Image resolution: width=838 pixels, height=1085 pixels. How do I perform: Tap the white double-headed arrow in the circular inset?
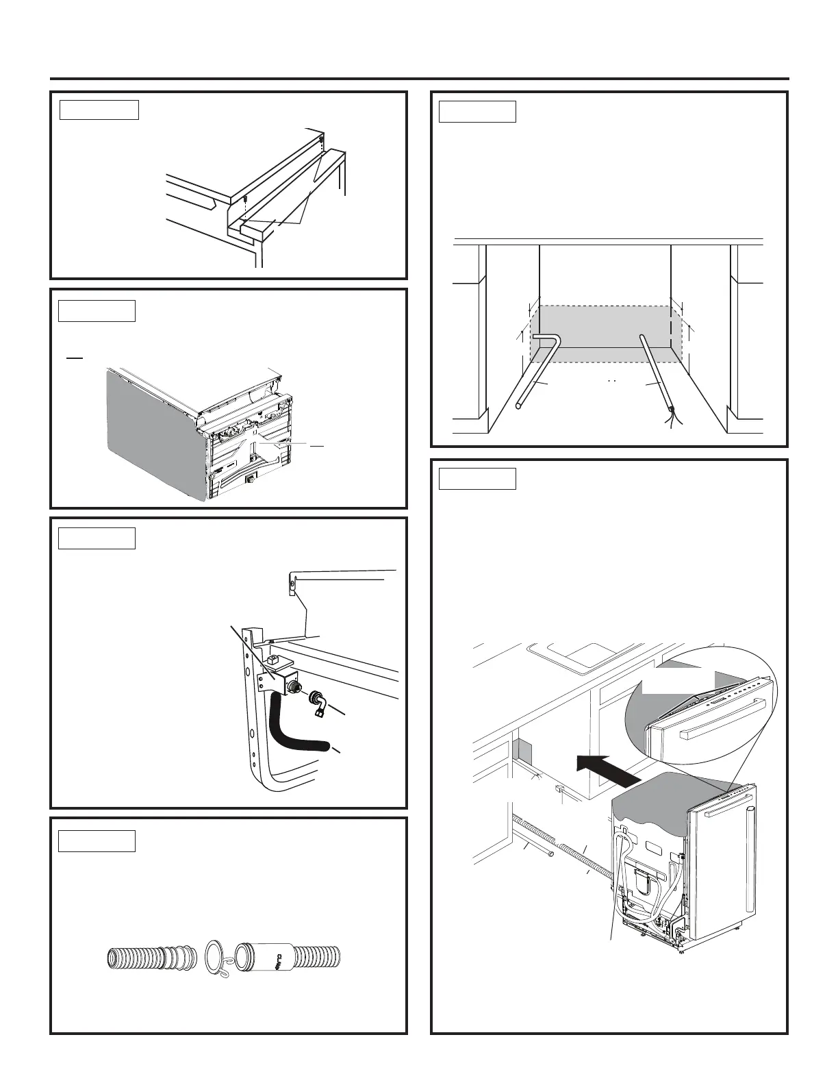point(684,682)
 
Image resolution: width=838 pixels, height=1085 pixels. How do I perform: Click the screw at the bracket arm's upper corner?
point(290,583)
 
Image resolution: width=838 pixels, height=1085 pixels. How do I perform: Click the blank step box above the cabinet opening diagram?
point(477,111)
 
